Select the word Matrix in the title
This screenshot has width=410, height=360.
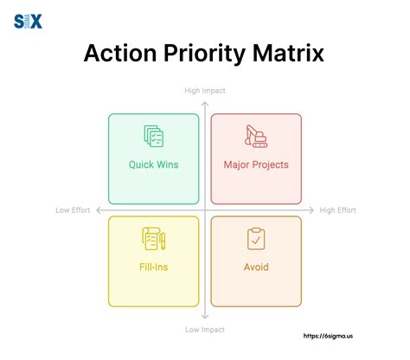(291, 54)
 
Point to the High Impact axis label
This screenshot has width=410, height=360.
(205, 90)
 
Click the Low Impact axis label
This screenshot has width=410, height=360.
(205, 330)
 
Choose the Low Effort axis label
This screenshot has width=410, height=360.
(74, 210)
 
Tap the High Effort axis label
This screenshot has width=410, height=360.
(338, 210)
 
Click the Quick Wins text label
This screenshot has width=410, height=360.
(153, 164)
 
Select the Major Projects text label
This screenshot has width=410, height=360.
(256, 164)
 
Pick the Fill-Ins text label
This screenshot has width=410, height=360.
(153, 267)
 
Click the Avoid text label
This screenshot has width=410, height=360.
(256, 267)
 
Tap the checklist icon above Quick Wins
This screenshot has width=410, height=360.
(153, 137)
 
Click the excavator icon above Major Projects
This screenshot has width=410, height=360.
(256, 136)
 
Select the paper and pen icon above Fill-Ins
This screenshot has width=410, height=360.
(153, 239)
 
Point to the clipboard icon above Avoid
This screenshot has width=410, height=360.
(256, 239)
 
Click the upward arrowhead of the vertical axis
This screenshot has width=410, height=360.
(205, 102)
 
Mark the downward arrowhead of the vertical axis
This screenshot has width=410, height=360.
(205, 318)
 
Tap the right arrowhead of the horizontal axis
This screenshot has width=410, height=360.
(312, 210)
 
